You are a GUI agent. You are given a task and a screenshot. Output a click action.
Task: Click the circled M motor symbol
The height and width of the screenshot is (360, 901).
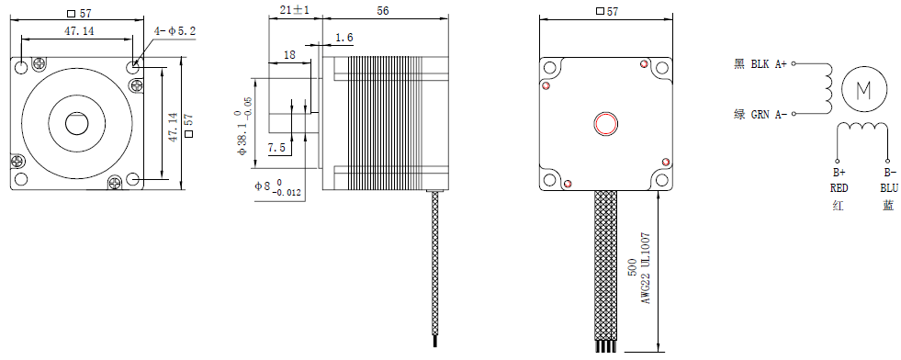pyautogui.click(x=863, y=89)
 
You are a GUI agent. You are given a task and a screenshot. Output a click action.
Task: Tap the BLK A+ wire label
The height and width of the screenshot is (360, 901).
pyautogui.click(x=768, y=64)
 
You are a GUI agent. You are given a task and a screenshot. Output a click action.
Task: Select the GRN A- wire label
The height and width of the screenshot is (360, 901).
pyautogui.click(x=768, y=114)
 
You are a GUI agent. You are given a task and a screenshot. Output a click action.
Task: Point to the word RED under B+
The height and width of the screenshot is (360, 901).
pyautogui.click(x=839, y=187)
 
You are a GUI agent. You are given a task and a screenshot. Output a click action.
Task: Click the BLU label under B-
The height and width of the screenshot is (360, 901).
pyautogui.click(x=889, y=187)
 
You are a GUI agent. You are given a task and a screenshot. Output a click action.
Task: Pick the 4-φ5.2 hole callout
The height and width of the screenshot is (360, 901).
pyautogui.click(x=175, y=31)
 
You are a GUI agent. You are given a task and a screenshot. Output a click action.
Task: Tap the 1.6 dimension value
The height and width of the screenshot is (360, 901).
pyautogui.click(x=344, y=38)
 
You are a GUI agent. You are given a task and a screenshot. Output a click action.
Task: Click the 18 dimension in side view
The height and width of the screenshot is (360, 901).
pyautogui.click(x=289, y=55)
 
